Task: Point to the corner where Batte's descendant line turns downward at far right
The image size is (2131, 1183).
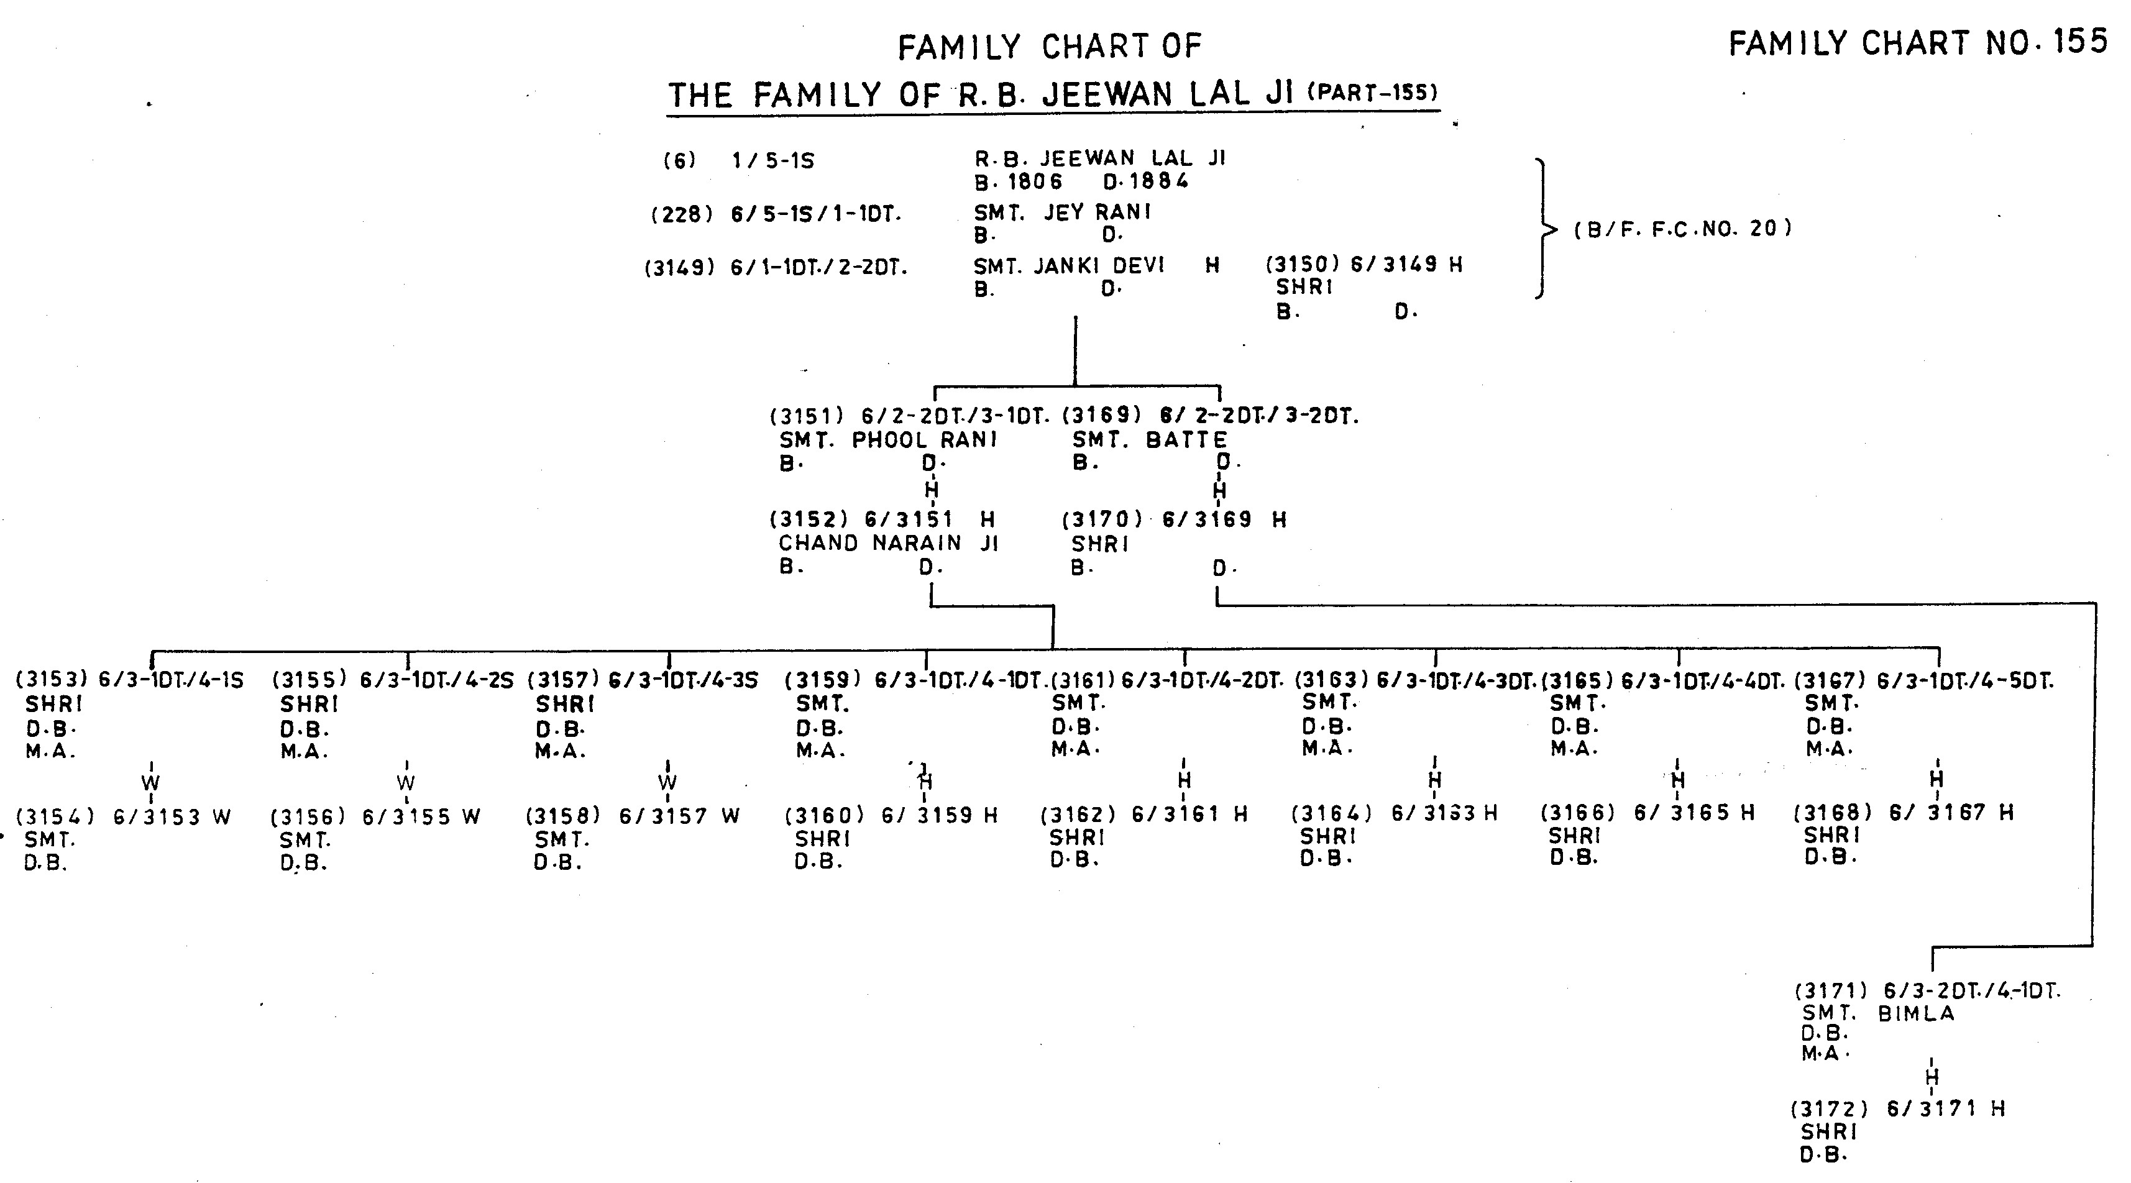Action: click(2096, 604)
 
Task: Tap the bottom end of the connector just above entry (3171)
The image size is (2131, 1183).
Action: click(1933, 971)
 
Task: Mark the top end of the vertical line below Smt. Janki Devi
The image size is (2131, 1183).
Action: click(1075, 317)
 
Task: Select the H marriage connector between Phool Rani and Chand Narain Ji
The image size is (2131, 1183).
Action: click(932, 489)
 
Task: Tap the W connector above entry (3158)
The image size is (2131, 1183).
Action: click(667, 782)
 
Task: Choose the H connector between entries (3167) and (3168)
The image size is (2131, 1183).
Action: click(1936, 779)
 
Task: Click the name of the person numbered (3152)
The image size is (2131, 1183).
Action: click(889, 544)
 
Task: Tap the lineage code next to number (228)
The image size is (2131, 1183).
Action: click(815, 215)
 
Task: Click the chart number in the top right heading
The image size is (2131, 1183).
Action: click(2087, 42)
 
